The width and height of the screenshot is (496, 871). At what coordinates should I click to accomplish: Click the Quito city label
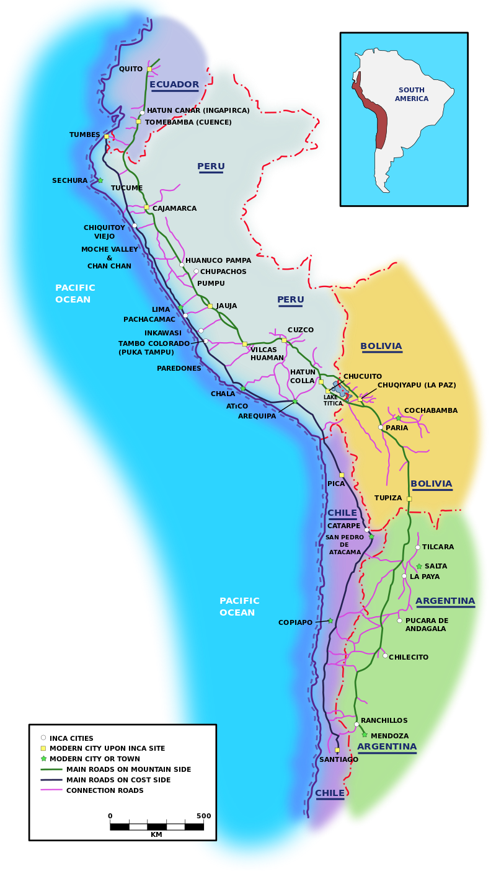click(x=130, y=69)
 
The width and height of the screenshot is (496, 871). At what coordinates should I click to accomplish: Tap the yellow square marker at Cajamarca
click(x=146, y=207)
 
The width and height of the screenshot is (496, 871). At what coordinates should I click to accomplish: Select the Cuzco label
click(x=301, y=330)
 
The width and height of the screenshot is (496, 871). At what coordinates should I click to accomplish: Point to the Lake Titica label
click(x=332, y=400)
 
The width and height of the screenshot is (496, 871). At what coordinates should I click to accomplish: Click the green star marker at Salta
click(x=419, y=566)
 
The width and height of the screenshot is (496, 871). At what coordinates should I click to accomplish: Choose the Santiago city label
click(x=339, y=759)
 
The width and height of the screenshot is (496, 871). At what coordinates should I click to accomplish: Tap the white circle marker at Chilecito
click(x=385, y=655)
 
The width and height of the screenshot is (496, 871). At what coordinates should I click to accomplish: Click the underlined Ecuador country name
click(x=174, y=84)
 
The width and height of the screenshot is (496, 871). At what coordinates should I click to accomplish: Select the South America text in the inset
click(x=412, y=94)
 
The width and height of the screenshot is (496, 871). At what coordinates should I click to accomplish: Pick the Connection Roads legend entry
click(x=105, y=790)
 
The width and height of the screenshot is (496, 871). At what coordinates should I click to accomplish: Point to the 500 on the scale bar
click(x=203, y=816)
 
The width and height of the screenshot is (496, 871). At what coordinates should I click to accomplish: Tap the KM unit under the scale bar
click(x=156, y=834)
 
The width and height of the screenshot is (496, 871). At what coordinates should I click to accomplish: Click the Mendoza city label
click(x=389, y=736)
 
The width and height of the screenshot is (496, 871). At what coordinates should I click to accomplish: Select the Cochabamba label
click(x=430, y=410)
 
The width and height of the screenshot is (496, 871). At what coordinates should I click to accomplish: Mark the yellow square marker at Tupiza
click(x=409, y=498)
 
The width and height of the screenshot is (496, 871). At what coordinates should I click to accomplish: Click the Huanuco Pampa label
click(x=218, y=260)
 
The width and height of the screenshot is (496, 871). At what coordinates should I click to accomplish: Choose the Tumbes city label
click(x=84, y=135)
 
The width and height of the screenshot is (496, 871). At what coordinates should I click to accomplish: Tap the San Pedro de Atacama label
click(x=344, y=545)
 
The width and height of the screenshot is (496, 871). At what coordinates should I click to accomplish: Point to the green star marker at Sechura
click(x=100, y=180)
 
